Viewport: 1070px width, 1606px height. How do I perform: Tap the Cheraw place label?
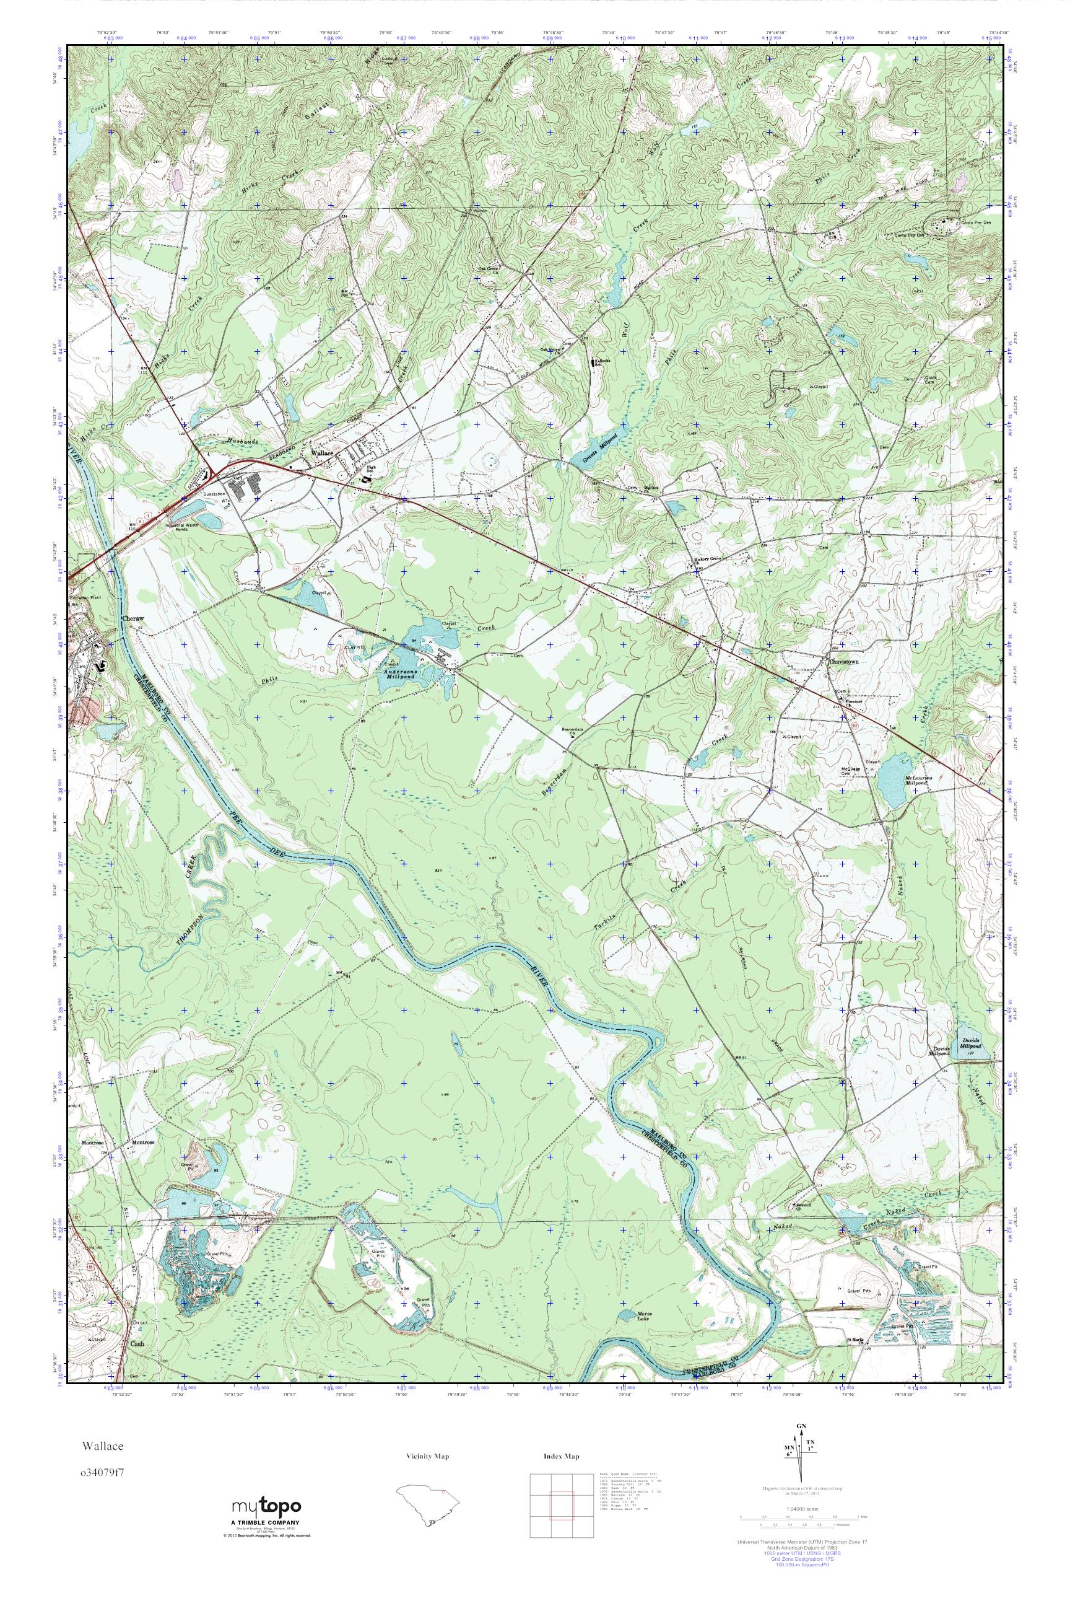[133, 618]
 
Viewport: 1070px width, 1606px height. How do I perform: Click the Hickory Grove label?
[708, 559]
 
